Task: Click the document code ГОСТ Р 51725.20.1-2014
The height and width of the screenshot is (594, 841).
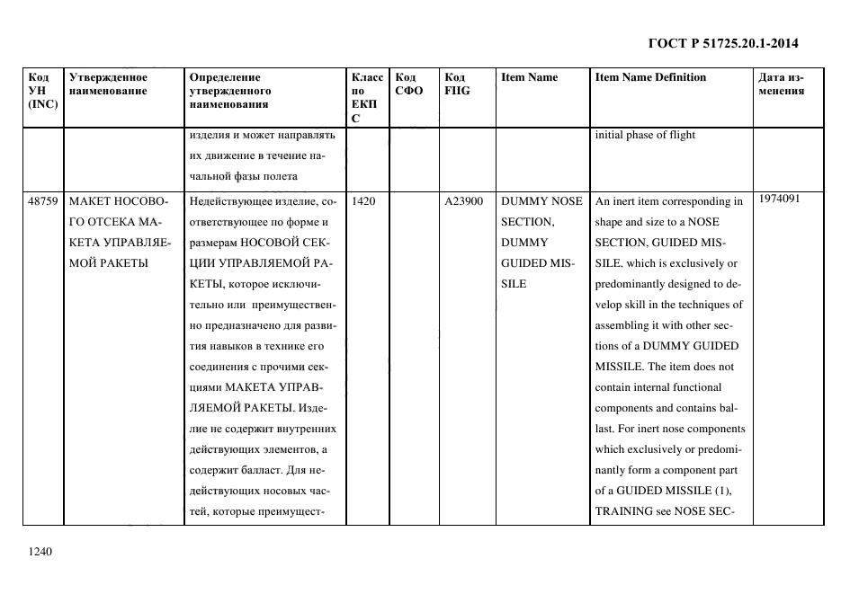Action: point(723,42)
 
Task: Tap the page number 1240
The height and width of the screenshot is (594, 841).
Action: point(41,552)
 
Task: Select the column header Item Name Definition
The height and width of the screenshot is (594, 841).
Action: point(650,77)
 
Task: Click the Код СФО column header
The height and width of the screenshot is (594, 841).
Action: point(408,84)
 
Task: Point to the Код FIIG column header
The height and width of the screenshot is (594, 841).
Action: point(457,84)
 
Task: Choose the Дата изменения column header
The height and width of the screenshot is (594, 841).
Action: point(781,84)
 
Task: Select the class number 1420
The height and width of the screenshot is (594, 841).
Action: point(363,202)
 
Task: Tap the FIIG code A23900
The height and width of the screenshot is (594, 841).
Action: point(464,202)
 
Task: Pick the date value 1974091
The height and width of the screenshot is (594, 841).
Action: point(779,199)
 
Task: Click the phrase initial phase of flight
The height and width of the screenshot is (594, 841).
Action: point(644,136)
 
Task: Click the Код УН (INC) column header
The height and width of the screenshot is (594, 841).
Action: point(42,90)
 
